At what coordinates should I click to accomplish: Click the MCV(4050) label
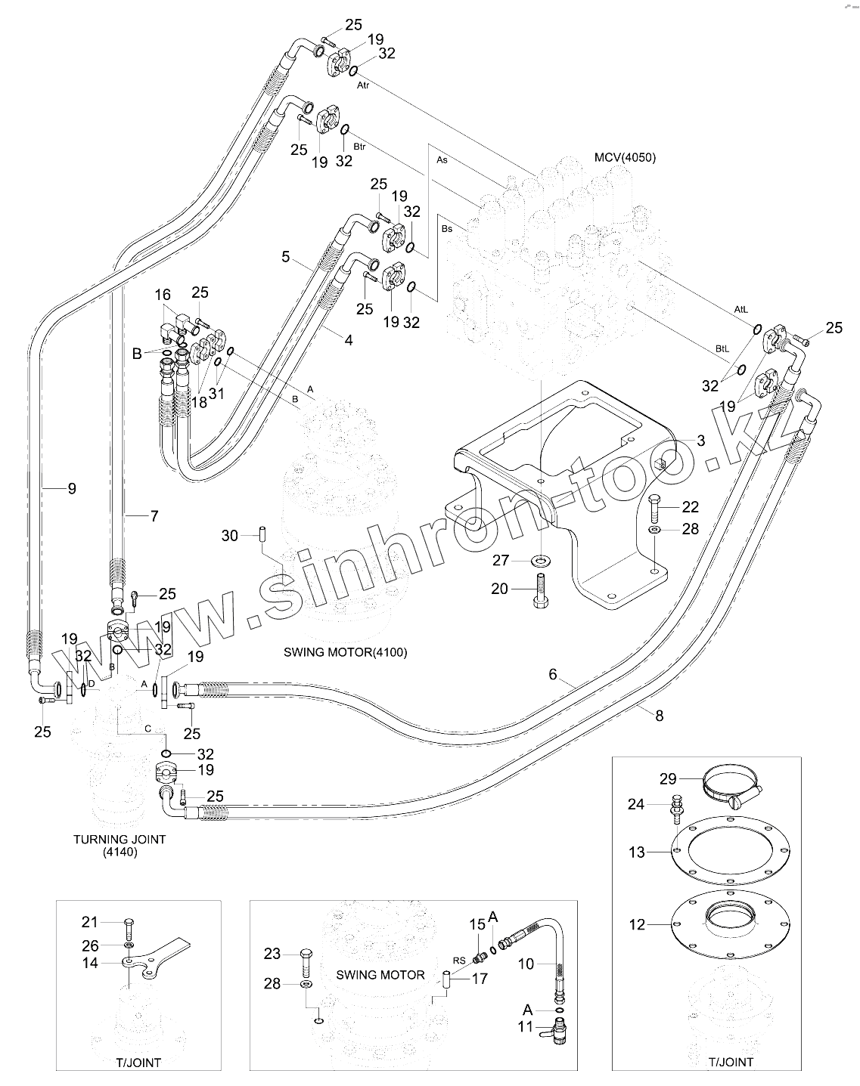[625, 157]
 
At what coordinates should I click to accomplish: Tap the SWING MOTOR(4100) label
[346, 652]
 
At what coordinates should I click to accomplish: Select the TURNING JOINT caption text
[120, 839]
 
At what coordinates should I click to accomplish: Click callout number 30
[230, 535]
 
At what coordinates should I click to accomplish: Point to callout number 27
[501, 560]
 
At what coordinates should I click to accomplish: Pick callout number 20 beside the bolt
[499, 589]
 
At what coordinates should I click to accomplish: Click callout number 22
[691, 506]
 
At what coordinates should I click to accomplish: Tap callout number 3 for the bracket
[701, 441]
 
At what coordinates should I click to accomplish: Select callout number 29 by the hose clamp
[668, 779]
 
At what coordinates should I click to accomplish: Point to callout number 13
[637, 852]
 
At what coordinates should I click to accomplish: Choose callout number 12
[638, 924]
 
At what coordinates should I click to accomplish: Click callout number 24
[636, 804]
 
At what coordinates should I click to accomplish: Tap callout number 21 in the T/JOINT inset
[89, 922]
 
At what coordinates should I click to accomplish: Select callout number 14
[90, 963]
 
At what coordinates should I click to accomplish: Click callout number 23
[272, 954]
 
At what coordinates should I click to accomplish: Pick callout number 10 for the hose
[526, 964]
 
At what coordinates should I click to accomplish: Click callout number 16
[163, 294]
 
